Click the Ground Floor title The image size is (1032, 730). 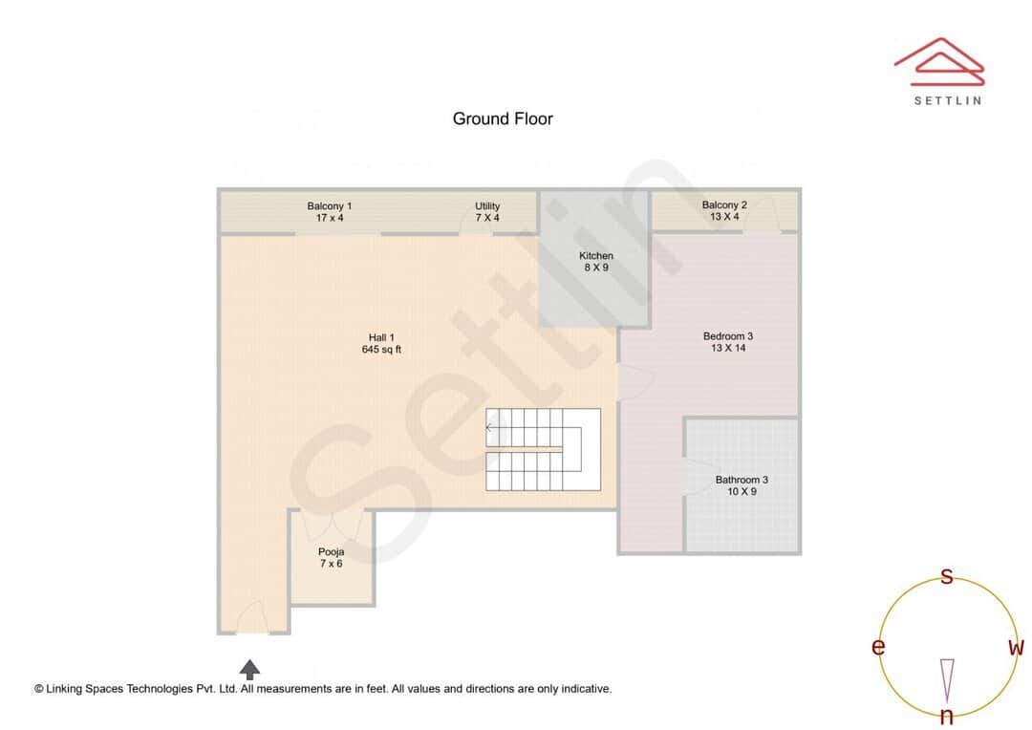point(503,118)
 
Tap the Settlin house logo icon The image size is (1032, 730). point(938,60)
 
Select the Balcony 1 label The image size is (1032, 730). point(330,205)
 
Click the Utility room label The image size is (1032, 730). point(487,205)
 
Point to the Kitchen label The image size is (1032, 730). point(595,255)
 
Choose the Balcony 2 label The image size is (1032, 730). point(724,204)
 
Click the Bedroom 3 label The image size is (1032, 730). point(728,335)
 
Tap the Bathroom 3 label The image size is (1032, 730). point(742,480)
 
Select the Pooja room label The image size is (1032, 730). point(331,551)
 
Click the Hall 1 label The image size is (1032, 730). point(381,337)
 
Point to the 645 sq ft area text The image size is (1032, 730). point(381,350)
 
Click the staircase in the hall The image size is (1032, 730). point(543,450)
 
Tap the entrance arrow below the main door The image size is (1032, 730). point(249,669)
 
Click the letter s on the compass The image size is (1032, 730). point(947,576)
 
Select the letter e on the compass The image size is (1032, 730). point(878,648)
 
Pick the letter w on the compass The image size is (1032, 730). point(1016,648)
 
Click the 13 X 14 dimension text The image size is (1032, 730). point(728,349)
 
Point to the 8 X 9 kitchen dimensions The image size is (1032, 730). point(595,268)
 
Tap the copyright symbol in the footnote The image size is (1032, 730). point(39,688)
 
